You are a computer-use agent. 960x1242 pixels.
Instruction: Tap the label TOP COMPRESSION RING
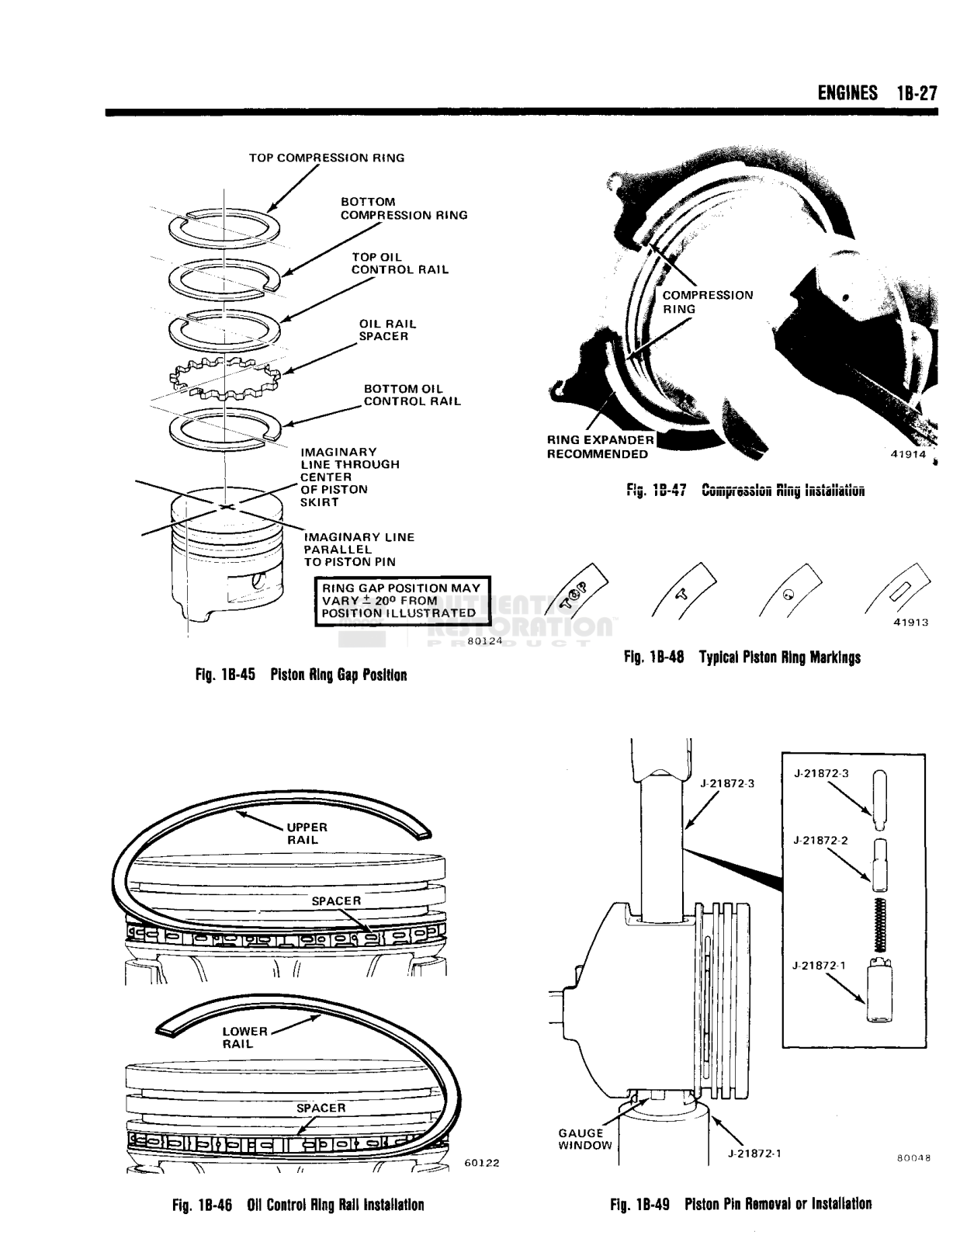pyautogui.click(x=326, y=158)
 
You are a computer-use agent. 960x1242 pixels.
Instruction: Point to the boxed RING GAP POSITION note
pyautogui.click(x=401, y=600)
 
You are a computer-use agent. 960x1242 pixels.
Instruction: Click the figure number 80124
pyautogui.click(x=485, y=641)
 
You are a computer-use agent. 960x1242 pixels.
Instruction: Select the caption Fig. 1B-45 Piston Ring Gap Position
pyautogui.click(x=301, y=675)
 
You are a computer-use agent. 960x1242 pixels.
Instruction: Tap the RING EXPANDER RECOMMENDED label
pyautogui.click(x=600, y=446)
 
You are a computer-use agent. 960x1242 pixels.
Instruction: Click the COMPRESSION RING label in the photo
pyautogui.click(x=707, y=301)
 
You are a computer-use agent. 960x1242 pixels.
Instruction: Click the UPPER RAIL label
pyautogui.click(x=307, y=833)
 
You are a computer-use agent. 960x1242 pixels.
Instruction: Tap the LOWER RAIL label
pyautogui.click(x=244, y=1037)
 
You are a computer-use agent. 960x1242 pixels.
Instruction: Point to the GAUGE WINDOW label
pyautogui.click(x=584, y=1139)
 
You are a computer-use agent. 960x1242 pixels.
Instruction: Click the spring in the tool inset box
pyautogui.click(x=880, y=924)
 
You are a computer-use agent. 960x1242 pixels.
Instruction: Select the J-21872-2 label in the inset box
pyautogui.click(x=821, y=840)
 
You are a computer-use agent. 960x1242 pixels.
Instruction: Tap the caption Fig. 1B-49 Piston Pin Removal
pyautogui.click(x=740, y=1204)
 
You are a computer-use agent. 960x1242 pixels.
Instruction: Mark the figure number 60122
pyautogui.click(x=481, y=1162)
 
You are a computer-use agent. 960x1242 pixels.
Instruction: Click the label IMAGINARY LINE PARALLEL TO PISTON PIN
pyautogui.click(x=359, y=549)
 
